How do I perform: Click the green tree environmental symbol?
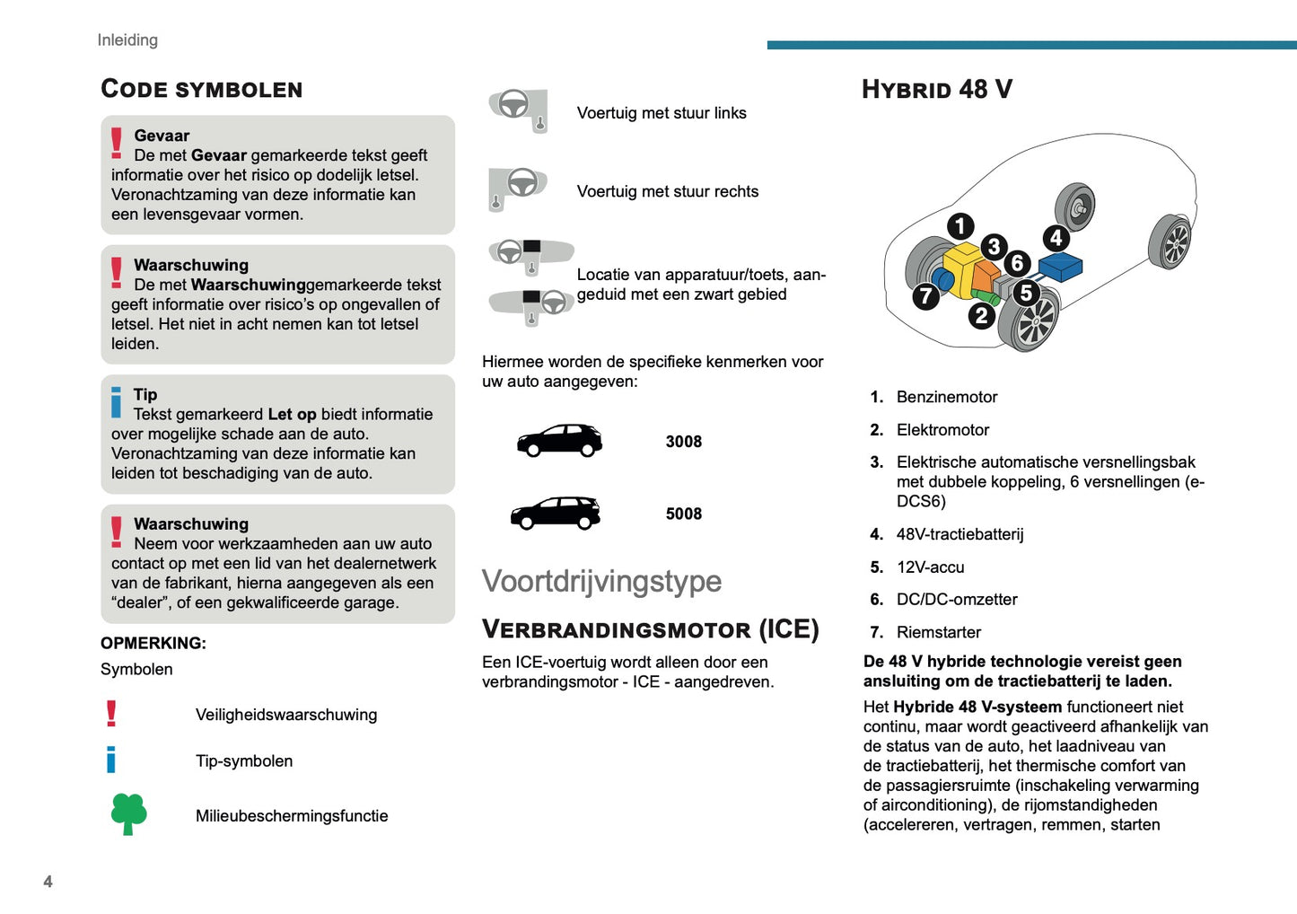tap(128, 813)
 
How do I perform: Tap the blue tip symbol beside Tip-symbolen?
tap(111, 760)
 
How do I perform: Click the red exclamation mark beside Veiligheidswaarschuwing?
tap(111, 714)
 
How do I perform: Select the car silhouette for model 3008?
tap(559, 441)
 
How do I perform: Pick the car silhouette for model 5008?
tap(556, 514)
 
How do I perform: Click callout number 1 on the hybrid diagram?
tap(960, 225)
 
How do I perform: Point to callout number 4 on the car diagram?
tap(1056, 238)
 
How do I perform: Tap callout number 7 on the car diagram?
tap(925, 296)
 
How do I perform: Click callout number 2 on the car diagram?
tap(981, 315)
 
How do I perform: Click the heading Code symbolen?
tap(202, 89)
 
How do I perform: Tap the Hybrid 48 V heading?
tap(937, 89)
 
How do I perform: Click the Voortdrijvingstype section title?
tap(601, 581)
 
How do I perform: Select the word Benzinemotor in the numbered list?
tap(947, 397)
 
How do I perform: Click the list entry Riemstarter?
tap(939, 632)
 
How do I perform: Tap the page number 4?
tap(48, 882)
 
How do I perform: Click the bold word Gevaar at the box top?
tap(162, 136)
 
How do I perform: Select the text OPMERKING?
tap(153, 643)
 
